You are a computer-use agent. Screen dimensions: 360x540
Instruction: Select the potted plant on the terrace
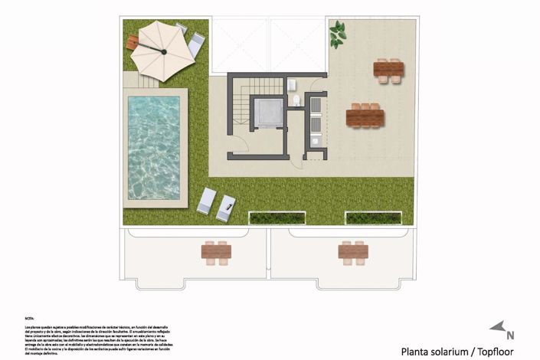pos(337,34)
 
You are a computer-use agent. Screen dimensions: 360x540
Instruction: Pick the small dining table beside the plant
pos(388,70)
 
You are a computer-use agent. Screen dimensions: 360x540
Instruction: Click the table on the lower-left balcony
pos(216,250)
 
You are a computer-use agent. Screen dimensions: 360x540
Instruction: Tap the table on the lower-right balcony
pos(353,250)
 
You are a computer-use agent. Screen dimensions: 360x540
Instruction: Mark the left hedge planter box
pos(277,218)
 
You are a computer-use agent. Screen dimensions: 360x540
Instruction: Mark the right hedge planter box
pos(373,218)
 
